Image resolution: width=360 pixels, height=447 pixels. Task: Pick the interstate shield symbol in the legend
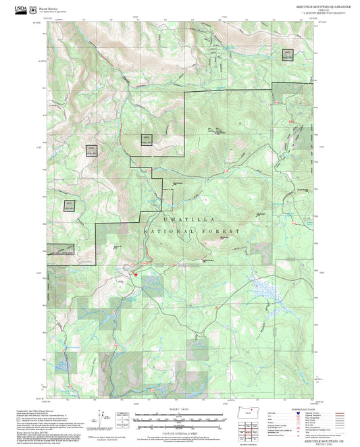(x=297, y=413)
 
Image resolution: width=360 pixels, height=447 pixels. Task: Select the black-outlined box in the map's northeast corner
(x=288, y=55)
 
